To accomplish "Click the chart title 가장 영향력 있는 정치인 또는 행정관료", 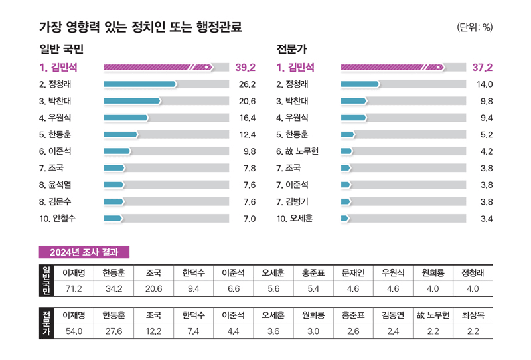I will (x=141, y=27).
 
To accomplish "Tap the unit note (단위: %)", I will (x=475, y=27).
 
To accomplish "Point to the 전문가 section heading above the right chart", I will (x=291, y=49).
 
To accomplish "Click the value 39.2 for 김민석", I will (x=245, y=67).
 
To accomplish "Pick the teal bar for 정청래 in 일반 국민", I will (x=140, y=84).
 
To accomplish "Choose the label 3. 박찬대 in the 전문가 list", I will (x=292, y=101).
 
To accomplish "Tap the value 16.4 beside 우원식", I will (x=247, y=118).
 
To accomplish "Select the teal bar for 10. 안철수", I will (x=114, y=218).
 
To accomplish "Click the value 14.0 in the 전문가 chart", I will (x=485, y=84).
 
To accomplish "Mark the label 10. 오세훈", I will (x=294, y=218).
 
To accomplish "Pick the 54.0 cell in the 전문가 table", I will (x=72, y=331).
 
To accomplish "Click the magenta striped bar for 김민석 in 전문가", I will (x=392, y=67).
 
